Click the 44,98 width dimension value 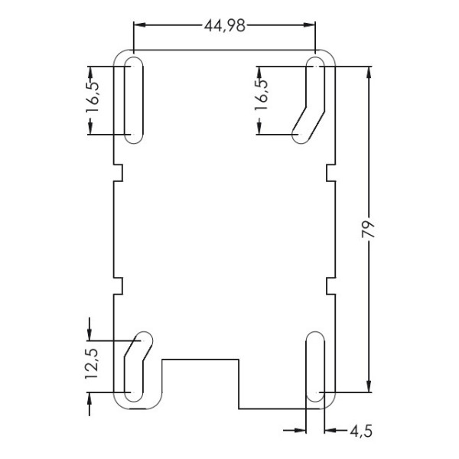[x=224, y=25]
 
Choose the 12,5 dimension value [x=93, y=364]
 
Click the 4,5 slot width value [x=360, y=431]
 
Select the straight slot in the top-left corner [x=133, y=99]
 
